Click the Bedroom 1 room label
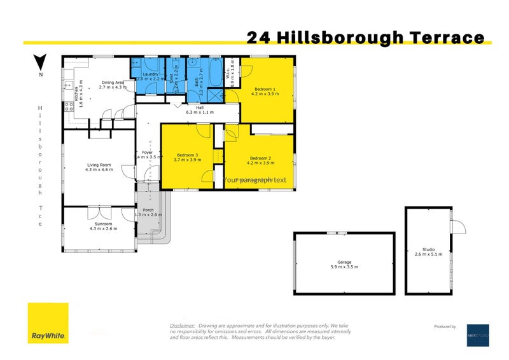pos(265,88)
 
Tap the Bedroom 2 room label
pos(260,158)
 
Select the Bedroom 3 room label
pos(188,155)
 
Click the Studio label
pos(428,249)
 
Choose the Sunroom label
pos(99,224)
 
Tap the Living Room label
pos(99,165)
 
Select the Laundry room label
pos(150,74)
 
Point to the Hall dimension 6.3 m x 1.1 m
pos(199,112)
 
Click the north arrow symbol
pos(40,62)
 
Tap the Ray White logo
pos(48,324)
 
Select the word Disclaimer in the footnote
pos(182,323)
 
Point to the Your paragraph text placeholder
pos(254,179)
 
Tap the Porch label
pos(148,209)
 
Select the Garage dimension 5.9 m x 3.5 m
pos(344,267)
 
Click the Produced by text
pos(444,326)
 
